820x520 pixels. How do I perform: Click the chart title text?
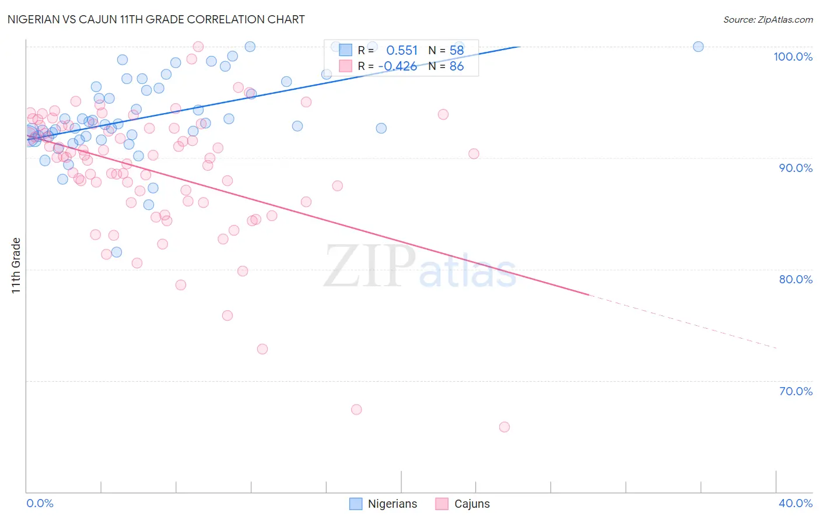click(156, 19)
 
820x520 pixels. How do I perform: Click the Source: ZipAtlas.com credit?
click(768, 19)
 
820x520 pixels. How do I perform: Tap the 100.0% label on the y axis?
click(793, 57)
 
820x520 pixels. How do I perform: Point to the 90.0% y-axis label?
click(796, 168)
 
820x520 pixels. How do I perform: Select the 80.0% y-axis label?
click(796, 279)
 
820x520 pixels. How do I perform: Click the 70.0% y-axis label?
click(796, 391)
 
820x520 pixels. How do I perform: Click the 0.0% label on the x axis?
click(40, 503)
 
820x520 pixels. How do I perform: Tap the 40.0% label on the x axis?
click(796, 503)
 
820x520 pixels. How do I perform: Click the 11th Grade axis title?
click(16, 265)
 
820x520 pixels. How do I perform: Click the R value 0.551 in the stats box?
click(402, 51)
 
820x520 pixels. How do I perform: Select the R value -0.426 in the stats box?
click(398, 66)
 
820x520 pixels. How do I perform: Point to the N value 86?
click(456, 66)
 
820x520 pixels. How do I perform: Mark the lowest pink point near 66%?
click(504, 427)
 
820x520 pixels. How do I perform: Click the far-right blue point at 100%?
click(698, 47)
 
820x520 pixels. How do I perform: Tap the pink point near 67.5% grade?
click(356, 409)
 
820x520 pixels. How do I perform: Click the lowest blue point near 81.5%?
click(117, 252)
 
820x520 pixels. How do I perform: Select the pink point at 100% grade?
click(198, 47)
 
